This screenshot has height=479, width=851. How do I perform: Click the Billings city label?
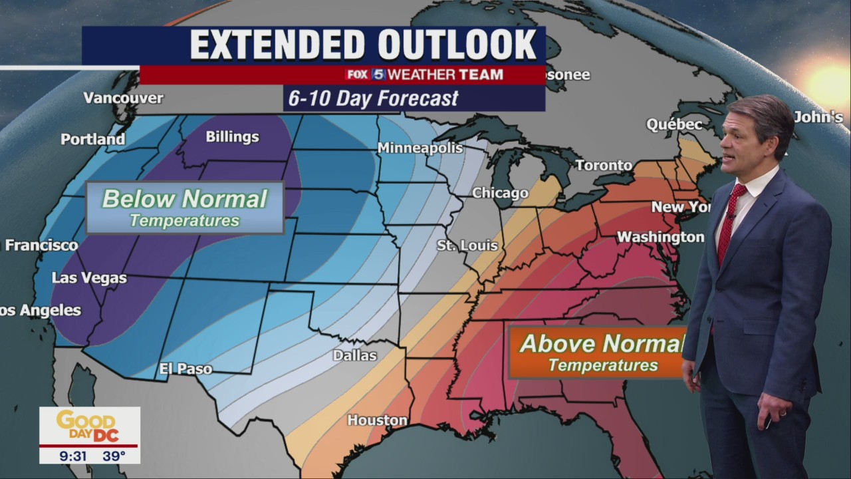tap(232, 137)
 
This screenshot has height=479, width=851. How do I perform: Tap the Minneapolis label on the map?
tap(420, 148)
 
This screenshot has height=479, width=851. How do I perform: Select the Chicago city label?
tap(500, 194)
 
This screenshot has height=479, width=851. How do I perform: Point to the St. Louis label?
tap(467, 246)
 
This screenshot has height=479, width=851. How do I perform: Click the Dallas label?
tap(354, 356)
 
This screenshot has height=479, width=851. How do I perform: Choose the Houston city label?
tap(377, 420)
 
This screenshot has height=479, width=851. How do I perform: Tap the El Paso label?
tap(185, 369)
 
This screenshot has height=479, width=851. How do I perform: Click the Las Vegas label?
tap(89, 278)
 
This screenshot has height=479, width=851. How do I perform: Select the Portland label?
tap(92, 140)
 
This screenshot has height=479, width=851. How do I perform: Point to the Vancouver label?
tap(123, 98)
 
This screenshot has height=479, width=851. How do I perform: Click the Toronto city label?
tap(604, 165)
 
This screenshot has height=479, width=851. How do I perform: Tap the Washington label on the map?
tap(660, 237)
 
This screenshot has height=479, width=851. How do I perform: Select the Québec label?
tap(674, 125)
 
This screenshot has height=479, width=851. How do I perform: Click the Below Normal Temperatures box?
tap(185, 208)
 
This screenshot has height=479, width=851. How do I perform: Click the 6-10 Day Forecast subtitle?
tap(373, 98)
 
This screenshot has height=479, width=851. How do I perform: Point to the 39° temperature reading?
tap(114, 456)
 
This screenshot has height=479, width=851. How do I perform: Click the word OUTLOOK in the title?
tap(457, 45)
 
